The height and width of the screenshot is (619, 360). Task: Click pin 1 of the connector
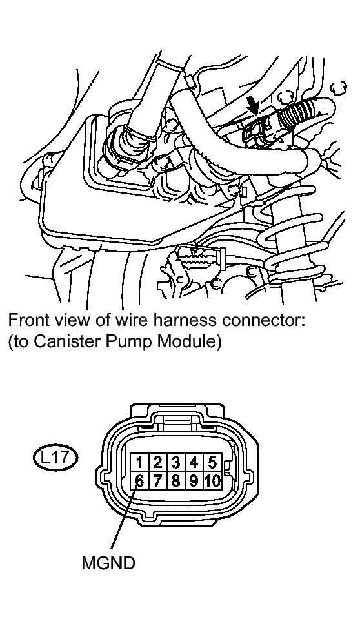[x=140, y=462]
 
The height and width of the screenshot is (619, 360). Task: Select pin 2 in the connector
[x=157, y=462]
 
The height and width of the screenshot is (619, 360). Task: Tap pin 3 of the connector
[x=175, y=462]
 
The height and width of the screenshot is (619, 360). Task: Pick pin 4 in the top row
[x=194, y=462]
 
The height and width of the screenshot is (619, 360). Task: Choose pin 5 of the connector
[x=212, y=462]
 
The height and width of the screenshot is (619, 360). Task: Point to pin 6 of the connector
[x=140, y=480]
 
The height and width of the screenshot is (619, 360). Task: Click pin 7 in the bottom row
[x=157, y=480]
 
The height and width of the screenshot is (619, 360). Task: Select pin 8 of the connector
[x=175, y=480]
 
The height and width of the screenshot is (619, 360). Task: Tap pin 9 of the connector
[x=194, y=480]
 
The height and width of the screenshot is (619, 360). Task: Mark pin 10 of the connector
[x=212, y=480]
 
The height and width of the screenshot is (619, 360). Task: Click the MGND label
[x=108, y=563]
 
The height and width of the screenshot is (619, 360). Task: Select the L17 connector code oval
[x=55, y=458]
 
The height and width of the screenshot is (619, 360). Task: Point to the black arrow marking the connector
[x=253, y=106]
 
